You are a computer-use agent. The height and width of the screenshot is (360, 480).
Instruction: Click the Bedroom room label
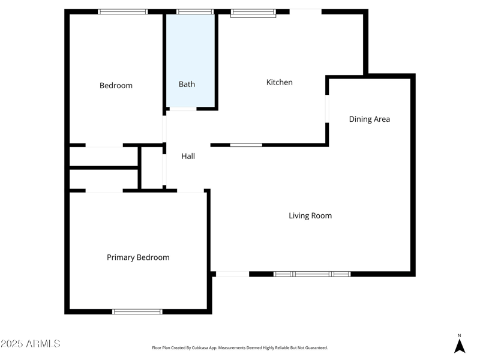pyautogui.click(x=116, y=86)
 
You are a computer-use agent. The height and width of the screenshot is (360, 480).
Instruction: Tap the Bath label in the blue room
pyautogui.click(x=187, y=85)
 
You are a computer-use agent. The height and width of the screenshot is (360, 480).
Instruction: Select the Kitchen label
pyautogui.click(x=279, y=82)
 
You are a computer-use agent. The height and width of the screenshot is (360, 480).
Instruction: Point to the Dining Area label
pyautogui.click(x=369, y=119)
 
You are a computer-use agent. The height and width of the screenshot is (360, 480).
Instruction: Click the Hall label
pyautogui.click(x=188, y=157)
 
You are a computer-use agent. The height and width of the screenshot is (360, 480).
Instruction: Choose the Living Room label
pyautogui.click(x=310, y=216)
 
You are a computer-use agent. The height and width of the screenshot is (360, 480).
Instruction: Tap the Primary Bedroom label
pyautogui.click(x=138, y=257)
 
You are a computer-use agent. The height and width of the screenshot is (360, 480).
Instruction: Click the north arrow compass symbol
pyautogui.click(x=460, y=345)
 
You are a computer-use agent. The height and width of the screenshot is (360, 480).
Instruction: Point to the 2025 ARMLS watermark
pyautogui.click(x=30, y=344)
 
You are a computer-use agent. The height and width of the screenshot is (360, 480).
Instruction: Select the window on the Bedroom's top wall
pyautogui.click(x=123, y=11)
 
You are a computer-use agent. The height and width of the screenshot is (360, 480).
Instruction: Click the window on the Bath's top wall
pyautogui.click(x=195, y=11)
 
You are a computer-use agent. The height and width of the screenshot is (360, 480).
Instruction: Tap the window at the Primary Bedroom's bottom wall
pyautogui.click(x=137, y=311)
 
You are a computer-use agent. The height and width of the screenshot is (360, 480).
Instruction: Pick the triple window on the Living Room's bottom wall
pyautogui.click(x=312, y=274)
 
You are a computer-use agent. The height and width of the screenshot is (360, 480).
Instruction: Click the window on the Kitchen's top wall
pyautogui.click(x=253, y=12)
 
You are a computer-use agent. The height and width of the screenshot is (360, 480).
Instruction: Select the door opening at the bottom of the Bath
pyautogui.click(x=182, y=109)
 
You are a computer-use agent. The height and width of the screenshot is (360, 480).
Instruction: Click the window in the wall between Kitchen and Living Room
pyautogui.click(x=246, y=145)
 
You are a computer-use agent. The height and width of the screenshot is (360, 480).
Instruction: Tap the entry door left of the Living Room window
pyautogui.click(x=232, y=274)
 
